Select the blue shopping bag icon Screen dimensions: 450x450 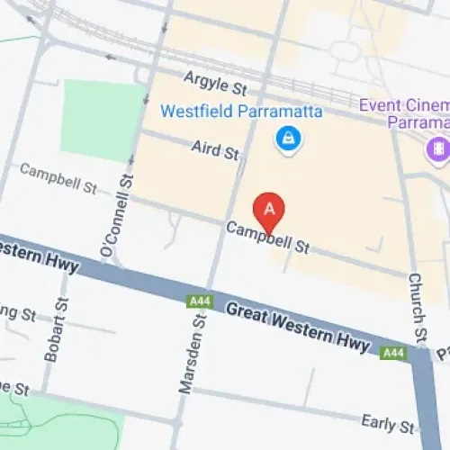point(289,139)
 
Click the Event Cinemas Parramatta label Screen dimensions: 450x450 point(405,112)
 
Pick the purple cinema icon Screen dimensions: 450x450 point(439,148)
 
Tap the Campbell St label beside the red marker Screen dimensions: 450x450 point(267,238)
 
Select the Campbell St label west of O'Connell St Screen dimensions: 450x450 point(58,177)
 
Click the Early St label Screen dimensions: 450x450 point(387,422)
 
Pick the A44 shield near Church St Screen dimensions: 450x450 point(392,354)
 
